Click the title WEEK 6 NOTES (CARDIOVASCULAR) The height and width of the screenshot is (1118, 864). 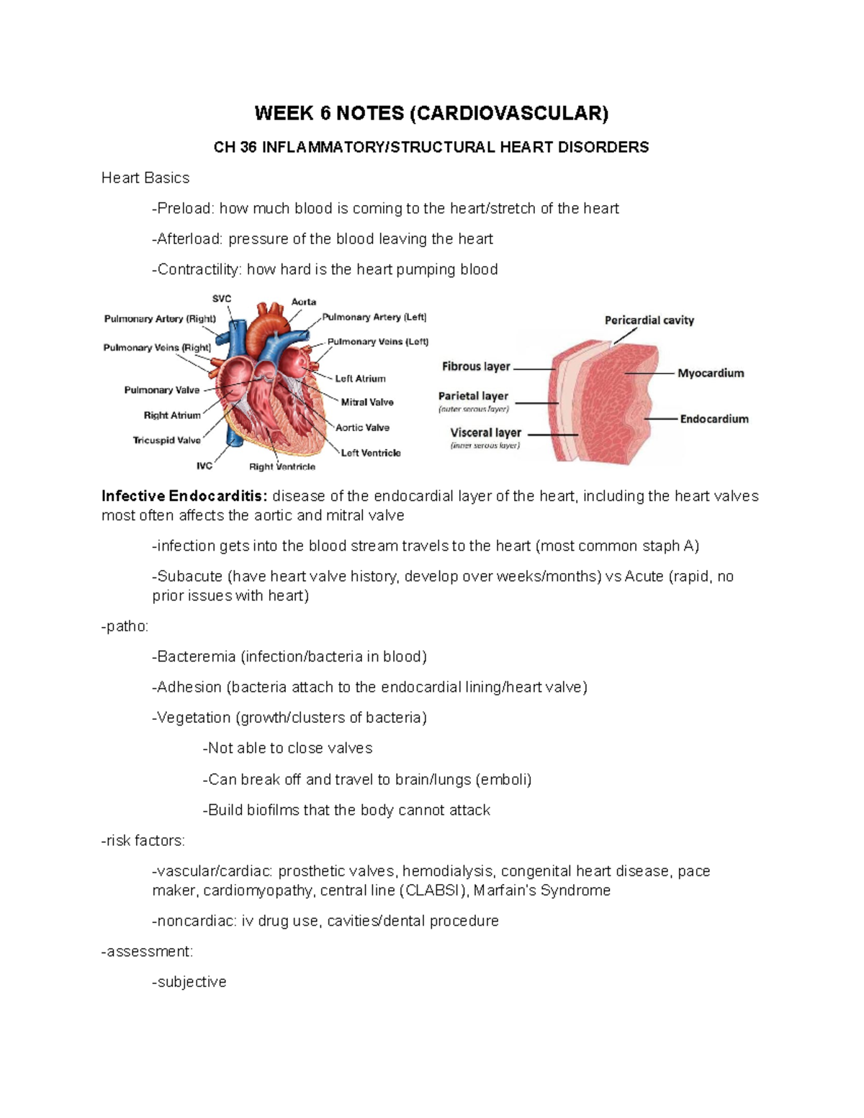(431, 113)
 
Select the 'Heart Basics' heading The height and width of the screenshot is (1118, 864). (145, 178)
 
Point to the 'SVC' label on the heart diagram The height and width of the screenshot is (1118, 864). (222, 299)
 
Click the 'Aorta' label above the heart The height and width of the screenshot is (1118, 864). (303, 302)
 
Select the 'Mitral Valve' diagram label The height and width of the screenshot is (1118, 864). (367, 402)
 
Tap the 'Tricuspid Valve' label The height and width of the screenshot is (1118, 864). (167, 441)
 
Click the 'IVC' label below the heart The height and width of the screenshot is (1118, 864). (204, 466)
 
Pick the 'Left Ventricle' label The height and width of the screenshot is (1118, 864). (371, 453)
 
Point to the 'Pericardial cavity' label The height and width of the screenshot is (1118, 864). (649, 320)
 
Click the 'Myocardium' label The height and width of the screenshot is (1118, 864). (711, 373)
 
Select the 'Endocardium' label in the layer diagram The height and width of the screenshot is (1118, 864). (714, 419)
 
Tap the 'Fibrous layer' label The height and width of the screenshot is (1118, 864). (476, 366)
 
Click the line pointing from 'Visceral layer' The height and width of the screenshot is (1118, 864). (551, 435)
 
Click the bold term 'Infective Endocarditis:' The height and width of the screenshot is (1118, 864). (184, 496)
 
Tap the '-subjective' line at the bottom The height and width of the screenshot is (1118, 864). (189, 982)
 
